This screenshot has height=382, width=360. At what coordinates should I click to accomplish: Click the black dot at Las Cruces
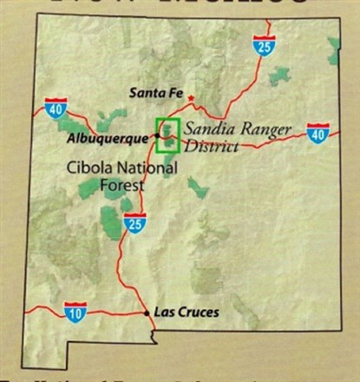146,312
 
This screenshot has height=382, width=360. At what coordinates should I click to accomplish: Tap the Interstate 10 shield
75,310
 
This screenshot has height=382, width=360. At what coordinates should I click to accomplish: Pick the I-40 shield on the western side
54,109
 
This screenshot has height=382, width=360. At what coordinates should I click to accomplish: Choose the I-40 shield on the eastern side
318,135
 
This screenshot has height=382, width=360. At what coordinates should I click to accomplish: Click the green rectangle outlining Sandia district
167,135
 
